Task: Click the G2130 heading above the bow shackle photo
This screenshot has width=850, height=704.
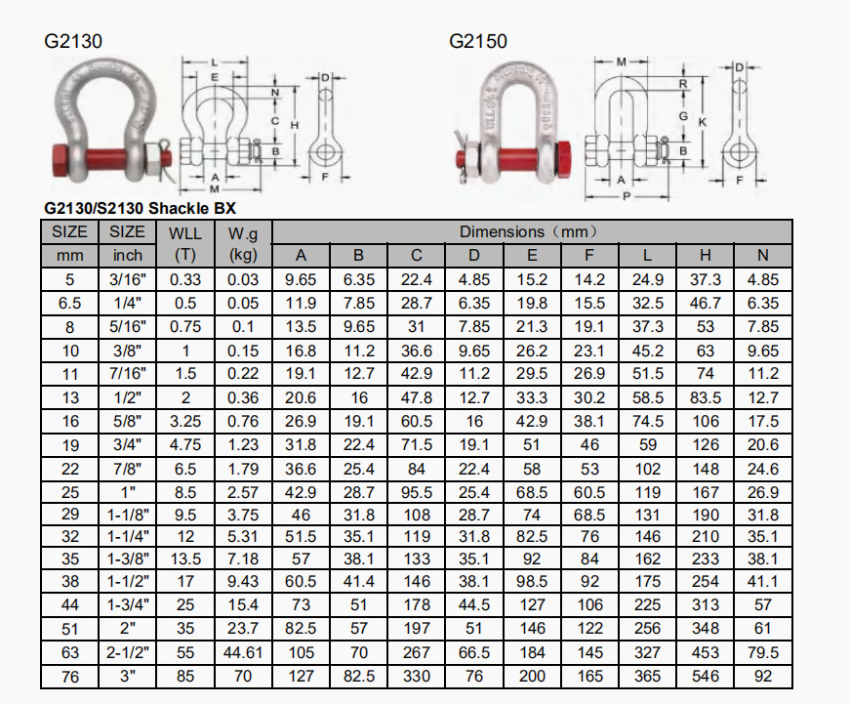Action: point(73,41)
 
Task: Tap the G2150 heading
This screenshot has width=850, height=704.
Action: point(477,41)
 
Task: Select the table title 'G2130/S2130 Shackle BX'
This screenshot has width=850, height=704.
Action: point(140,208)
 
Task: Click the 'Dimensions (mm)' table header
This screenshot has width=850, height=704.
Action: point(529,231)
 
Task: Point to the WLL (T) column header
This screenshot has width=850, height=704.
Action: point(185,243)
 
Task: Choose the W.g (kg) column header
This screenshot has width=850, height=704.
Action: point(243,243)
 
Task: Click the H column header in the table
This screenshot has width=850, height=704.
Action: point(705,255)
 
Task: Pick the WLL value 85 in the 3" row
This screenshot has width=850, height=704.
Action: point(185,676)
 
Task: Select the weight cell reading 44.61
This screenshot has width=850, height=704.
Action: point(243,652)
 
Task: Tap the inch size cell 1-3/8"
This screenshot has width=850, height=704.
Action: point(128,559)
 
